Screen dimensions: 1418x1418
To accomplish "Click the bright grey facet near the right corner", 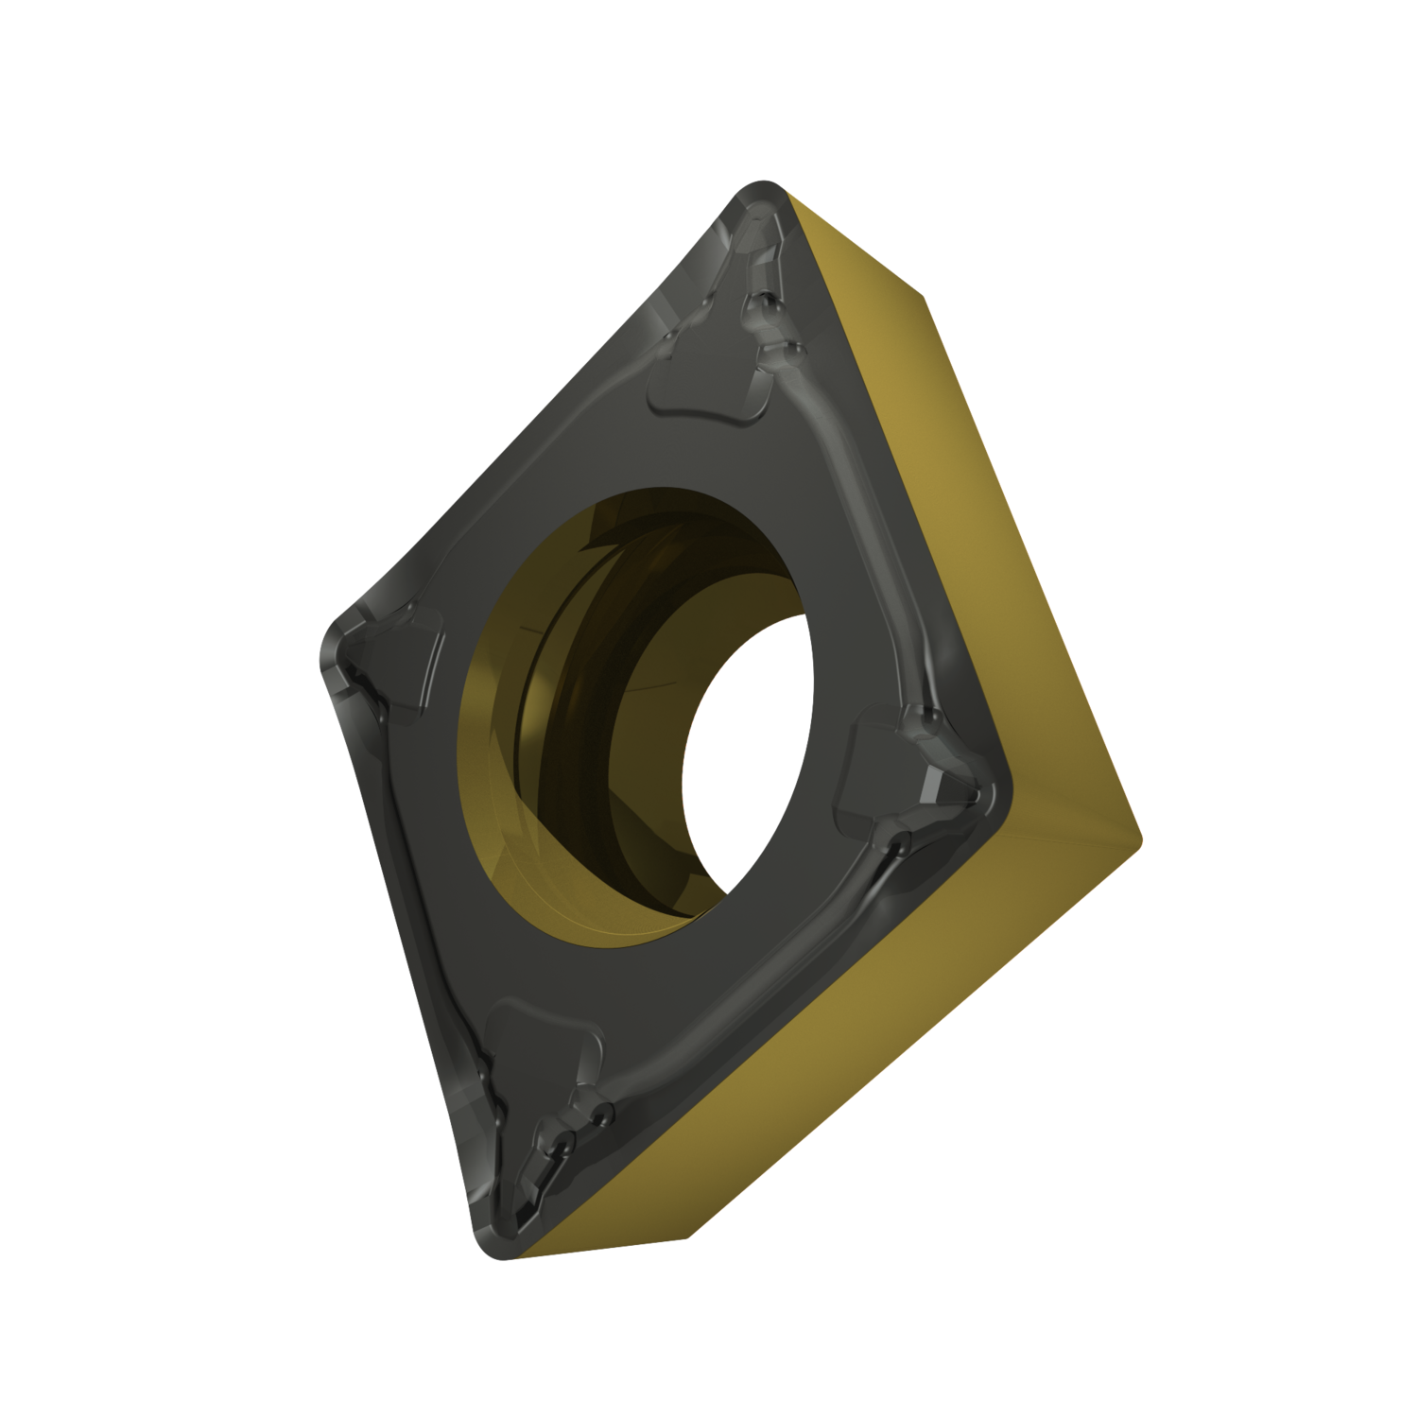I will pos(936,780).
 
